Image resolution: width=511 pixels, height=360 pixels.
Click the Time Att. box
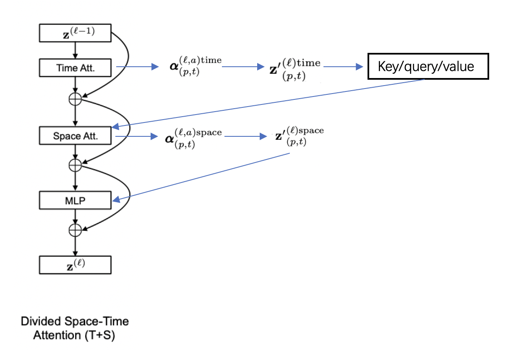coord(75,68)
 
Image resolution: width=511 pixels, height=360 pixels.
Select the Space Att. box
coord(75,136)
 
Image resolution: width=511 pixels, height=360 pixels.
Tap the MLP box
coord(75,200)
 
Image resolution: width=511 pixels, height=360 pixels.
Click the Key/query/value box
coord(428,66)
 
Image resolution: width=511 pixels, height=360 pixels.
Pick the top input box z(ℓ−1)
coord(75,33)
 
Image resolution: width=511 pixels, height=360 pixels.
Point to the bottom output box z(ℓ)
coord(75,265)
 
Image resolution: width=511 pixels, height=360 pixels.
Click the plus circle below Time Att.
coord(75,99)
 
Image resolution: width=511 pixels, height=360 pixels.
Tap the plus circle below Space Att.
coord(75,165)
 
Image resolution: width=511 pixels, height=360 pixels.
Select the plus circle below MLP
coord(75,230)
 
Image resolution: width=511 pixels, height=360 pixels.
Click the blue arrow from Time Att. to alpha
coord(137,67)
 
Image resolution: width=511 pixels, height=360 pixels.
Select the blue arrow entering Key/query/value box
coord(343,67)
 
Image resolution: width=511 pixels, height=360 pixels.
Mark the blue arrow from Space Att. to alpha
coord(136,136)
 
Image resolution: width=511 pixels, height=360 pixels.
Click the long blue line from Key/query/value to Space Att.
coord(268,103)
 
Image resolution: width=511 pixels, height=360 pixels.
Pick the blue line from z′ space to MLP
coord(201,177)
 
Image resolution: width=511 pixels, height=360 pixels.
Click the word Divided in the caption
coord(41,321)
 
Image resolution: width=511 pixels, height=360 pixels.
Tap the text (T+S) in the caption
coord(100,335)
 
